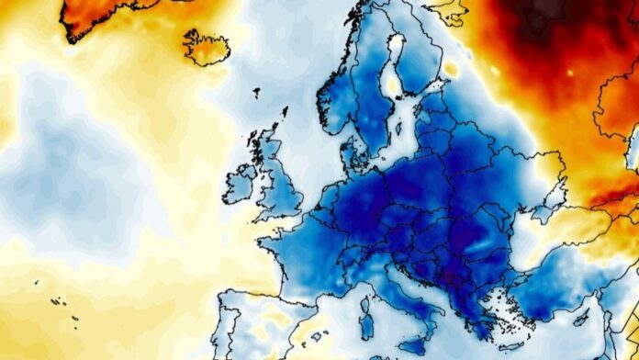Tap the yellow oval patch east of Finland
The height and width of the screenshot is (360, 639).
coord(451,69)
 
